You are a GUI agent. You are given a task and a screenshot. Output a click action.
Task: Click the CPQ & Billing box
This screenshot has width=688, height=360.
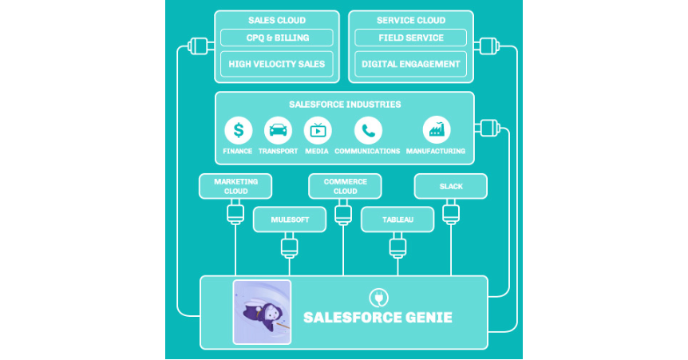click(x=276, y=38)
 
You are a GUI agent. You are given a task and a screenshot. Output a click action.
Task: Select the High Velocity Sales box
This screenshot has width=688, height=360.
click(x=276, y=64)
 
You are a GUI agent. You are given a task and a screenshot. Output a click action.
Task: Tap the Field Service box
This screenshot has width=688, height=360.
click(x=411, y=38)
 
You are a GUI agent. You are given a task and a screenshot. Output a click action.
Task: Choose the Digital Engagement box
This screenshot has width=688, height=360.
click(x=411, y=64)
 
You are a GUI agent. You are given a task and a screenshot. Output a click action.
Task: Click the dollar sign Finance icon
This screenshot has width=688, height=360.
click(x=238, y=130)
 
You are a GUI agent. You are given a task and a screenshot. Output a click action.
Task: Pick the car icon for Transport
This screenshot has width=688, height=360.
click(x=278, y=130)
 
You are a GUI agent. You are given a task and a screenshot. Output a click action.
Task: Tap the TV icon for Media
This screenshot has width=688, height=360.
click(x=318, y=130)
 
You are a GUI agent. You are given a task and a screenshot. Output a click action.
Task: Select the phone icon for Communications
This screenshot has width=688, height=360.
click(x=368, y=130)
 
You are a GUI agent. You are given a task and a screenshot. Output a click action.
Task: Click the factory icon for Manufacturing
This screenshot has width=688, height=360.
click(x=437, y=130)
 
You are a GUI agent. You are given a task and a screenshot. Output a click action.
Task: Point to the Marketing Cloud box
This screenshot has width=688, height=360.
click(x=235, y=186)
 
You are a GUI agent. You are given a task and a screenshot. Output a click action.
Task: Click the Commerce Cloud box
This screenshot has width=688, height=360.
click(x=345, y=186)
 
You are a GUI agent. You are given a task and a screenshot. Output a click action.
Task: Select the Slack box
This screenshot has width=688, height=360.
click(x=451, y=186)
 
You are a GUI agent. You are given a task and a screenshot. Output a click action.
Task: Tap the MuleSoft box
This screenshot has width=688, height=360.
click(x=290, y=219)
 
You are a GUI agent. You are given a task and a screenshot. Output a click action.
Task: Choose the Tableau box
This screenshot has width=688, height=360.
click(x=397, y=219)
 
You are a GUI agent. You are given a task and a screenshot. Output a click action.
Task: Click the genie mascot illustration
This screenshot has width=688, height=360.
click(x=262, y=312)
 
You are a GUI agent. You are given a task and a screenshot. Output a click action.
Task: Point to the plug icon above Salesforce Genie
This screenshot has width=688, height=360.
click(x=378, y=297)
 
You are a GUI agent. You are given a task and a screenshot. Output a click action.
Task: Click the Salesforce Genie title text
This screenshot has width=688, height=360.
click(x=378, y=318)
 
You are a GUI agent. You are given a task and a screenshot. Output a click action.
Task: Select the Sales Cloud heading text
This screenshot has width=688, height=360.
click(x=276, y=20)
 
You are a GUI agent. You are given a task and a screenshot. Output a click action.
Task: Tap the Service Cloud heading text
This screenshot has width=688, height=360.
click(x=411, y=20)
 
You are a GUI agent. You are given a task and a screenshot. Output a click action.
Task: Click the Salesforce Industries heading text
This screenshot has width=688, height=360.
click(x=345, y=105)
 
